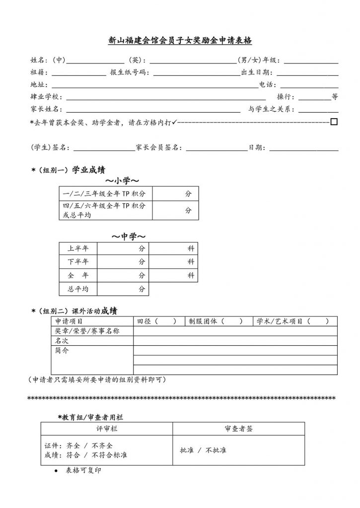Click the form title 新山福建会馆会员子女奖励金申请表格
180,42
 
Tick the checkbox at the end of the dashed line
334,121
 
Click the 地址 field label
37,85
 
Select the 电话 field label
266,85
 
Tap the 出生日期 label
255,73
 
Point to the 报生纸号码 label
129,73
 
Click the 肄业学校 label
44,97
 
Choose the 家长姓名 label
44,109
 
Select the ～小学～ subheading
121,181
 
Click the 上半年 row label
78,249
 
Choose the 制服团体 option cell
217,321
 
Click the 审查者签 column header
239,429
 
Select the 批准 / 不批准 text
203,450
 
